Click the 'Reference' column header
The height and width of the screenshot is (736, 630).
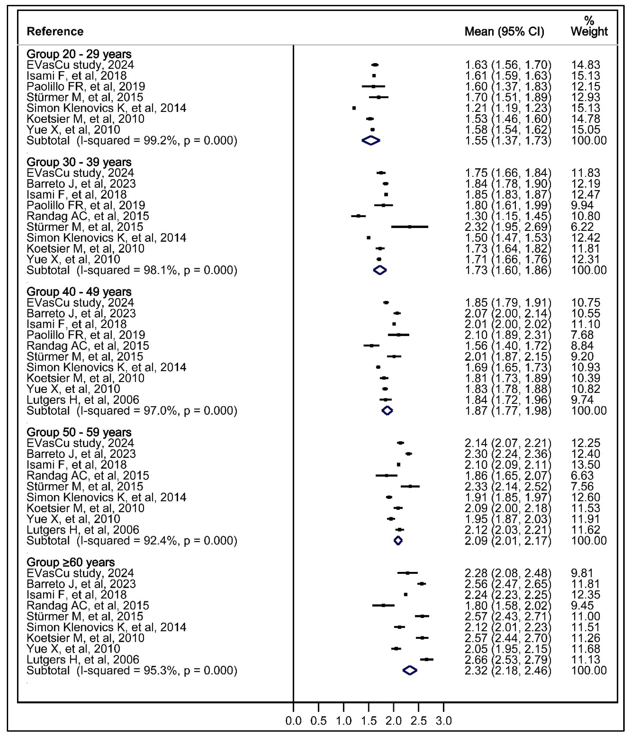55,32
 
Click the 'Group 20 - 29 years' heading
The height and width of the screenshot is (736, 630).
79,54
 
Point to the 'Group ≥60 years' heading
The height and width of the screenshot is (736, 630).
71,562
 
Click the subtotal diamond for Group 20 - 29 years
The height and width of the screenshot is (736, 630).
371,141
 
